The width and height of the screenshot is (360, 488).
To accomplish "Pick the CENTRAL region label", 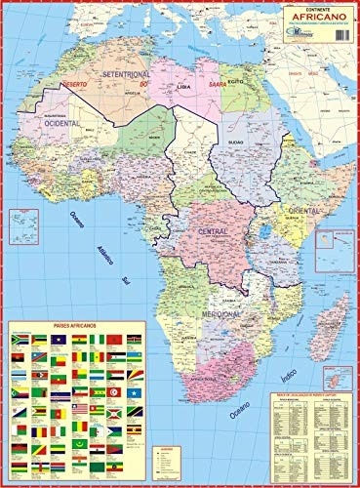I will click(x=213, y=230).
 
